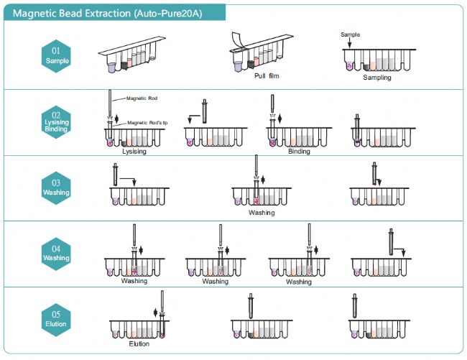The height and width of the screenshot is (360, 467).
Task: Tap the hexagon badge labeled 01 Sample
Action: tap(57, 55)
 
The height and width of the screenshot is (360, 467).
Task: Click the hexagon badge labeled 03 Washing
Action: tap(57, 188)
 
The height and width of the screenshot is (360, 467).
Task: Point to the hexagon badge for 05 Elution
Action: tap(57, 318)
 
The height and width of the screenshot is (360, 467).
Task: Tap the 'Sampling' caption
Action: tap(377, 77)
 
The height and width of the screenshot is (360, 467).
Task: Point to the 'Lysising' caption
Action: tap(135, 152)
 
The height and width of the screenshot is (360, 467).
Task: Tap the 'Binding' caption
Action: tap(299, 152)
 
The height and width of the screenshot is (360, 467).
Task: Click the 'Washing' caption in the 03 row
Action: tap(262, 213)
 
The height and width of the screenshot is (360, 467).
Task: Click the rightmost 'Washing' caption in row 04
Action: tap(299, 281)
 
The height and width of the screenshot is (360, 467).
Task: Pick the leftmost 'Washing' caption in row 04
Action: tap(134, 281)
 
